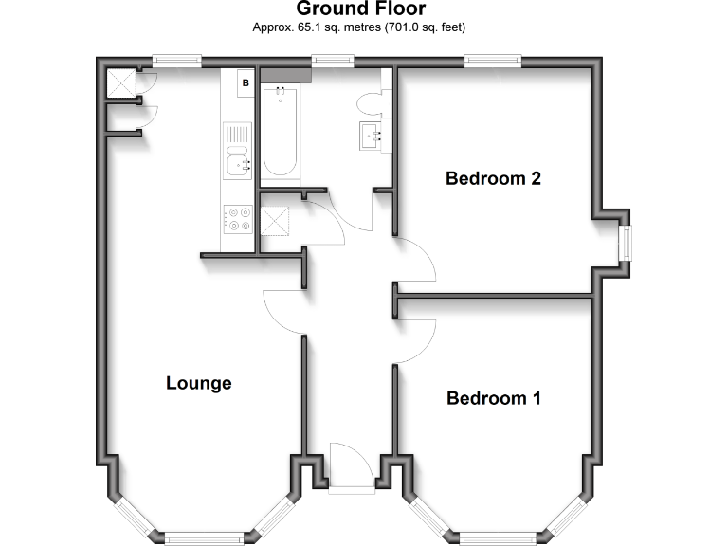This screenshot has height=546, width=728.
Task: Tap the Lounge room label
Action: coord(199,383)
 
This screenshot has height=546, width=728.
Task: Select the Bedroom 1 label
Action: coord(493,398)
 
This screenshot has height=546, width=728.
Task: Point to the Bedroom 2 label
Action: coord(493,178)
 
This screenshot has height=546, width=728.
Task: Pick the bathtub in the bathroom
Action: coord(280,132)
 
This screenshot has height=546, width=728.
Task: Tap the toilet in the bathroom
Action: coord(370,102)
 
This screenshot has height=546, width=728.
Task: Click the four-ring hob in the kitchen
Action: coord(237,220)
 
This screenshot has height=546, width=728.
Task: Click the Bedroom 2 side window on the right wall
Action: coord(625,243)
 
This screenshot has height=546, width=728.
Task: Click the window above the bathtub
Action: coord(328,60)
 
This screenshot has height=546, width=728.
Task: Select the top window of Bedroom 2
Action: coord(492,60)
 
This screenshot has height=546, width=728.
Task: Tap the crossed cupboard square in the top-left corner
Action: coord(120,83)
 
